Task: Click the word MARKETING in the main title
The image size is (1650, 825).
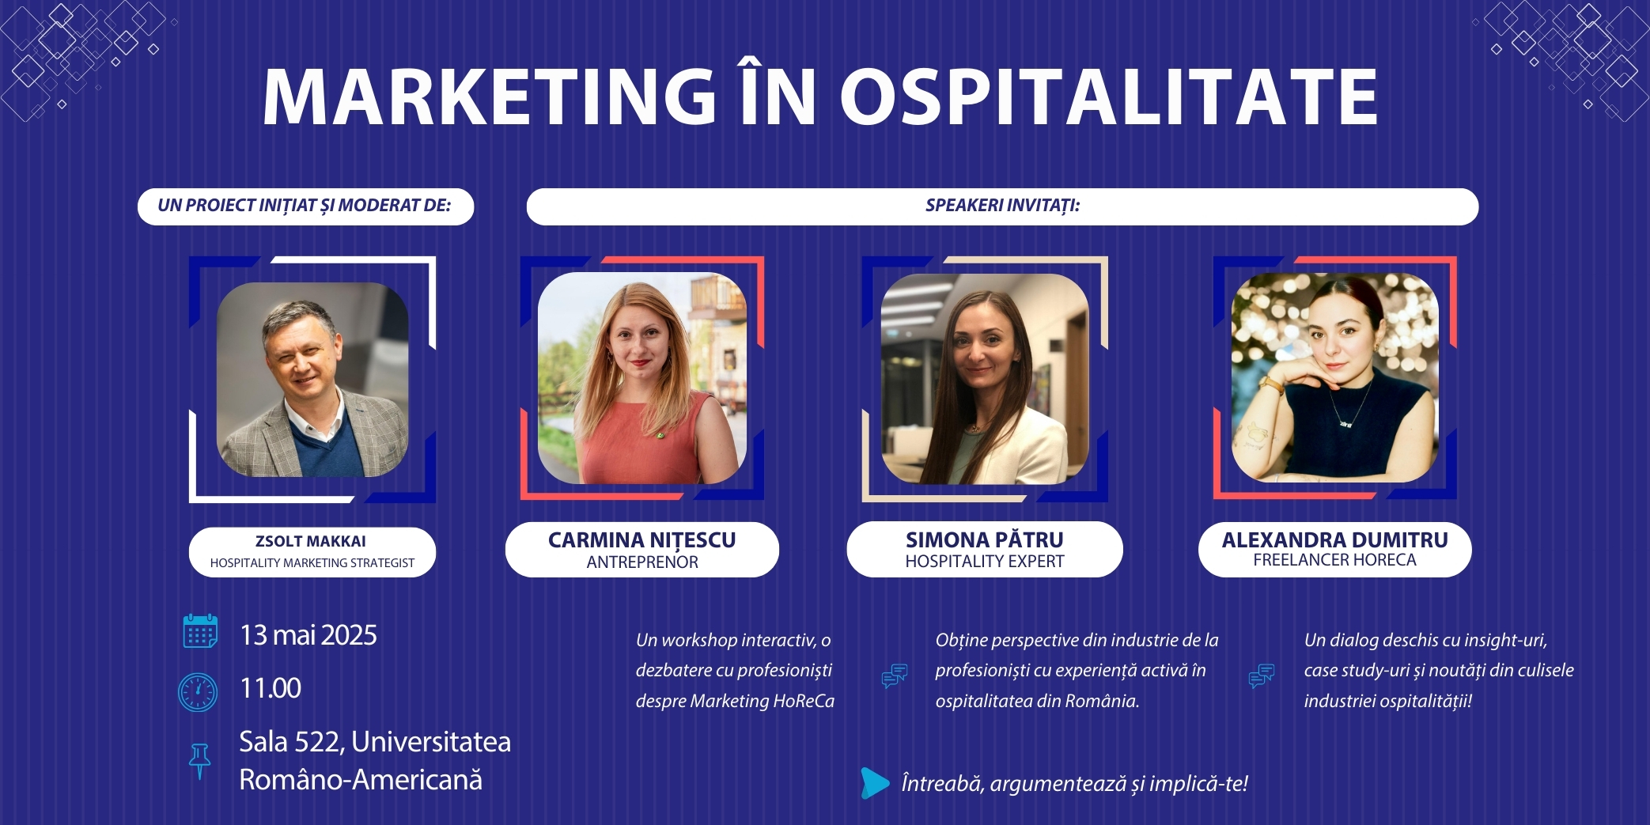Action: point(490,97)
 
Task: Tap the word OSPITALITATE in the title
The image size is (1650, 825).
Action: point(1108,97)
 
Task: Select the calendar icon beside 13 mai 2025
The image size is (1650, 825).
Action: point(200,631)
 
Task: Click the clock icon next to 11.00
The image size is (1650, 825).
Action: point(198,692)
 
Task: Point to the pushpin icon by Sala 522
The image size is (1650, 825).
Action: point(199,761)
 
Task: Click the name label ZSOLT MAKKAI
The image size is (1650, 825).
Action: point(311,542)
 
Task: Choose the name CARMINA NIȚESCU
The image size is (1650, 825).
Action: point(642,540)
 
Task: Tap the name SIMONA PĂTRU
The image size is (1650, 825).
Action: point(985,539)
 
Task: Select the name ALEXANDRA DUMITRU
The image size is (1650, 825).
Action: point(1335,539)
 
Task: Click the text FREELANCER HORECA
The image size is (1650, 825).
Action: point(1335,560)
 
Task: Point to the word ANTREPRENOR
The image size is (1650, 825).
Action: point(642,562)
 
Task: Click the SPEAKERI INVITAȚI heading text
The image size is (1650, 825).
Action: point(1002,206)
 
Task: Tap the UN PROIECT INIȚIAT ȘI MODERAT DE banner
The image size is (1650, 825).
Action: point(305,206)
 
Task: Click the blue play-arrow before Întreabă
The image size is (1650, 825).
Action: point(875,783)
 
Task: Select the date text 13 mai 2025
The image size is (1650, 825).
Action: point(308,635)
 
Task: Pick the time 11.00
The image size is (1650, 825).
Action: point(271,688)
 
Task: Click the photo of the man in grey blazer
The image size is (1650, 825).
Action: point(312,380)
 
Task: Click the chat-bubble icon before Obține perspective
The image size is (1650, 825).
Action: point(895,676)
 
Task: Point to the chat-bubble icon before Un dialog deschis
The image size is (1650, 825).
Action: point(1262,676)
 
